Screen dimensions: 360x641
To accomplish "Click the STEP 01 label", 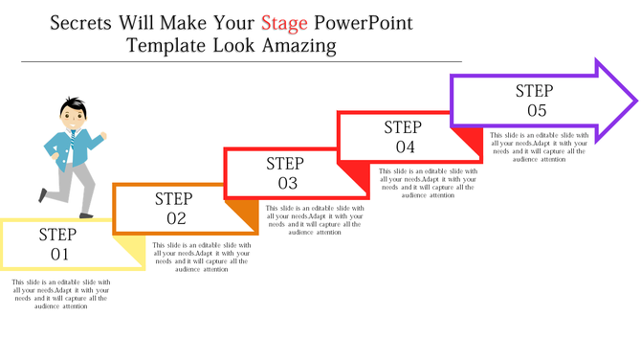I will (54, 244).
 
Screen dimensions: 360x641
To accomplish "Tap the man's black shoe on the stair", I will (43, 195).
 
